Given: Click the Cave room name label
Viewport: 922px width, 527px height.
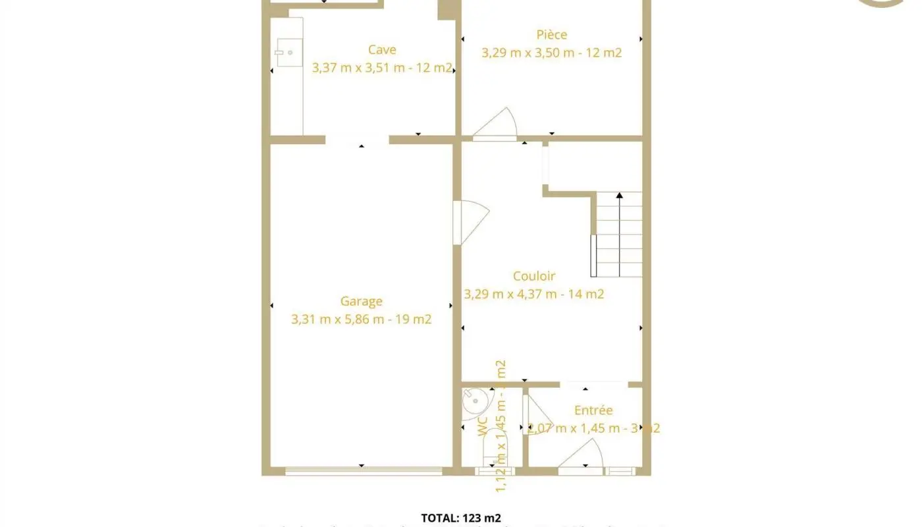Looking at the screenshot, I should [x=382, y=50].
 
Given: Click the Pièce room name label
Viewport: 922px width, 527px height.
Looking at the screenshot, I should [x=551, y=35].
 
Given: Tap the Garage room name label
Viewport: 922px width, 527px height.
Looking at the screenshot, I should [x=361, y=302].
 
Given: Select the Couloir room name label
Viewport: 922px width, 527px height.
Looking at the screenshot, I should [x=534, y=277].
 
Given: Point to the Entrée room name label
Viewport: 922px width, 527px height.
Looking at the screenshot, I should [x=593, y=410].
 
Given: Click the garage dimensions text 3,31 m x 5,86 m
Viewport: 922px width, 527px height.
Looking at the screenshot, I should [x=362, y=319].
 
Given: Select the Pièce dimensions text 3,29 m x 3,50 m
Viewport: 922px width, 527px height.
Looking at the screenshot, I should [x=552, y=53].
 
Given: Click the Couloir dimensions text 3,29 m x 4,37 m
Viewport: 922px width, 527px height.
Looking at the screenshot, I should [x=534, y=294].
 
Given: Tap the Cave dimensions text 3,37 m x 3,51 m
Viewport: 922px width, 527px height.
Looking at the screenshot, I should [x=382, y=67].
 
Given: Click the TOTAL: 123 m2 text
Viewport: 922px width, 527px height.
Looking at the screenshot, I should [x=461, y=518].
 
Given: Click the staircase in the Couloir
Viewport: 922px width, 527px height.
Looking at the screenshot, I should [x=618, y=235].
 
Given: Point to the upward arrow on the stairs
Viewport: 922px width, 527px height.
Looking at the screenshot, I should [x=619, y=196].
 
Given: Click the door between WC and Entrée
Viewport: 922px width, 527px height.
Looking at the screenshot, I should [x=533, y=414].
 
